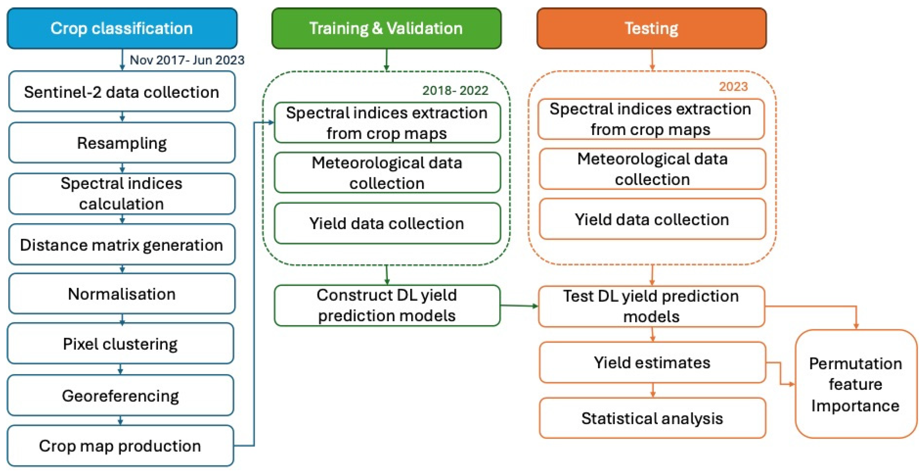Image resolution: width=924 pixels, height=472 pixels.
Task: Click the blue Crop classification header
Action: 122,28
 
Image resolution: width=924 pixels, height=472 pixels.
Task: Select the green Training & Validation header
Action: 386,28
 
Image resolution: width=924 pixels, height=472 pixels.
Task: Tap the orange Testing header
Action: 651,28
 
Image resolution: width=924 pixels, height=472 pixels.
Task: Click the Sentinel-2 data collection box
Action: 122,92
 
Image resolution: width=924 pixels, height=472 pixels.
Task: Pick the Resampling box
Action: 122,143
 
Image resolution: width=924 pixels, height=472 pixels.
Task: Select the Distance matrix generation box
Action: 122,245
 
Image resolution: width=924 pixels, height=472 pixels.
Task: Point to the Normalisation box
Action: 122,294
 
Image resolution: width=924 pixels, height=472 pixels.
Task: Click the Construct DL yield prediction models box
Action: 387,305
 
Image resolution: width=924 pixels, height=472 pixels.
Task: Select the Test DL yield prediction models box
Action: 651,306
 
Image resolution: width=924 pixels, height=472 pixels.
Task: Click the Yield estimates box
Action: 652,362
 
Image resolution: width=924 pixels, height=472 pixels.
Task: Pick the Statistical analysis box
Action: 652,418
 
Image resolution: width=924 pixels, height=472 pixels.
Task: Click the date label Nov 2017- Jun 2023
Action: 187,60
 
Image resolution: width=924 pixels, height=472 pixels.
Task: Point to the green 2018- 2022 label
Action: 455,90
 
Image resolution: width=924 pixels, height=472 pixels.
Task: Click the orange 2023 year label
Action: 733,87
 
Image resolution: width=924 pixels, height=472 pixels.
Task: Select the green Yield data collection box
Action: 387,223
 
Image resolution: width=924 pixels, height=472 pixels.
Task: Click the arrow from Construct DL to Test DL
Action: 519,306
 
